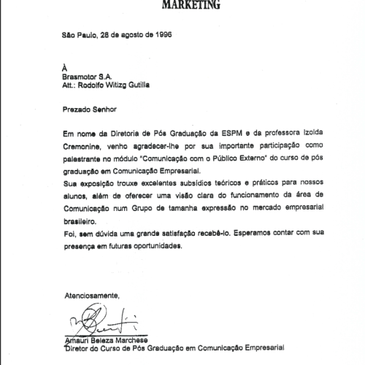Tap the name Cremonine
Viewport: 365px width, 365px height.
coord(85,145)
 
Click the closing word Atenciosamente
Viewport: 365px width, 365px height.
coord(91,295)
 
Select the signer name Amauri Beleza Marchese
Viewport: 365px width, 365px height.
coord(104,340)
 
